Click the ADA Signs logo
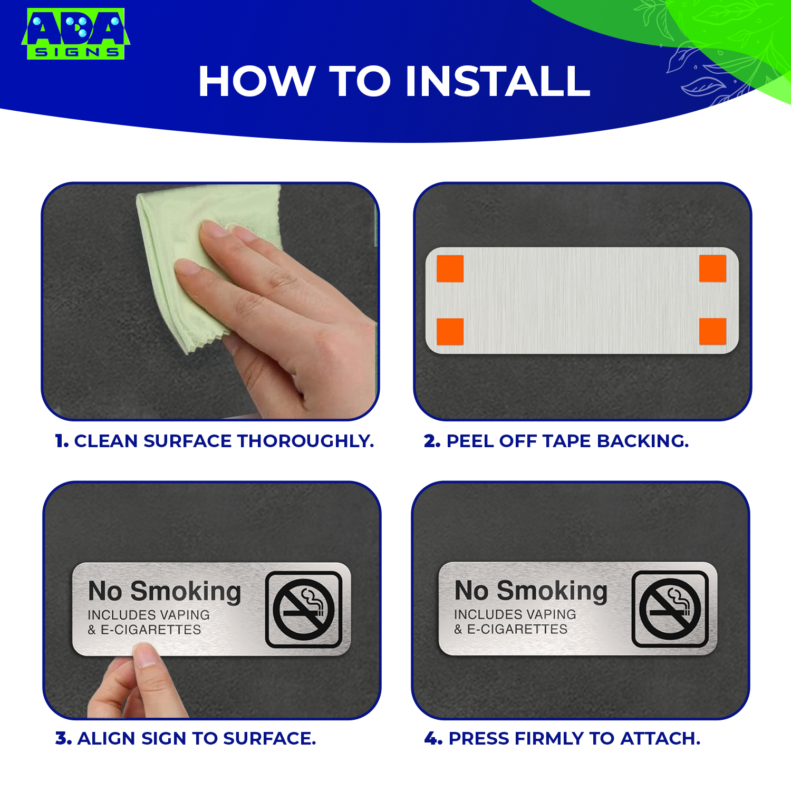point(75,33)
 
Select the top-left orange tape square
point(450,269)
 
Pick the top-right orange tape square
point(712,268)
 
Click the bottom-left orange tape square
point(450,332)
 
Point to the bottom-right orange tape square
point(712,332)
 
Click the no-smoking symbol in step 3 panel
point(304,610)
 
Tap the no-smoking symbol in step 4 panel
point(670,609)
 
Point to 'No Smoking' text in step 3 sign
point(165,592)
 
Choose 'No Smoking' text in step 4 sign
point(531,591)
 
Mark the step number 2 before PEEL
point(431,441)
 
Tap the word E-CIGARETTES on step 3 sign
point(151,630)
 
